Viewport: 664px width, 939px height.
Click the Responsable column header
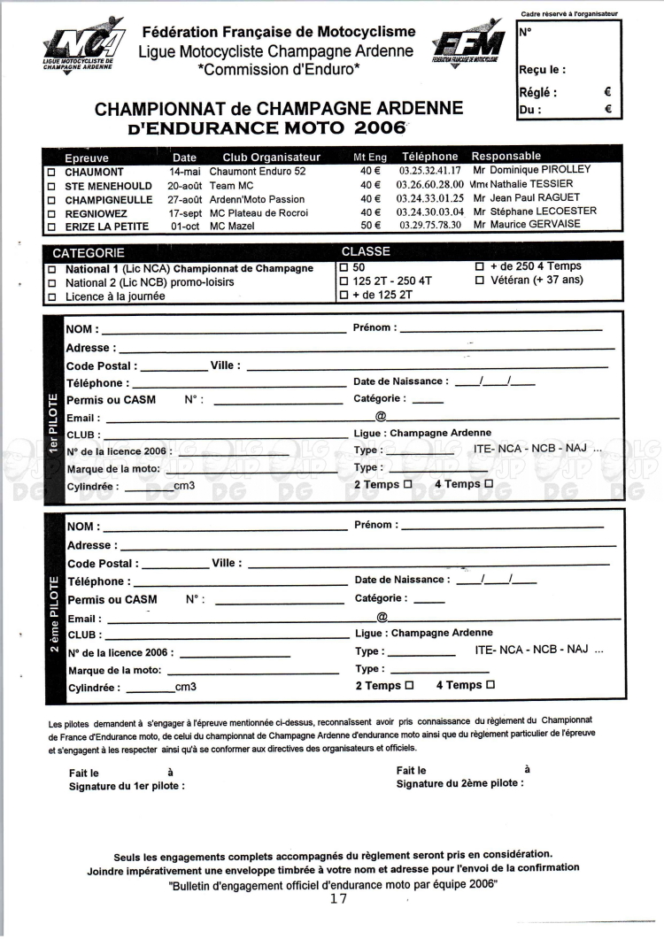point(506,157)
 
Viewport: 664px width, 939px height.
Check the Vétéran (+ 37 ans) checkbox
point(479,281)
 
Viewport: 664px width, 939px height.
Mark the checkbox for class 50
point(344,266)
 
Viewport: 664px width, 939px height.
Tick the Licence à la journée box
point(53,297)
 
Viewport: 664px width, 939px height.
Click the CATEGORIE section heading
point(88,252)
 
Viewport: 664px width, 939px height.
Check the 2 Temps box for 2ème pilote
point(408,686)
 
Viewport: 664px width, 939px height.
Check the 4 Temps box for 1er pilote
point(488,484)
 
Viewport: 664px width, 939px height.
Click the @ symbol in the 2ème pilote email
point(382,617)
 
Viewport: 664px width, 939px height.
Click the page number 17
point(337,898)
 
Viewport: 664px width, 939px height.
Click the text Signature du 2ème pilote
point(459,783)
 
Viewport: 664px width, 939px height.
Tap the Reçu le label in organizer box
point(541,70)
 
